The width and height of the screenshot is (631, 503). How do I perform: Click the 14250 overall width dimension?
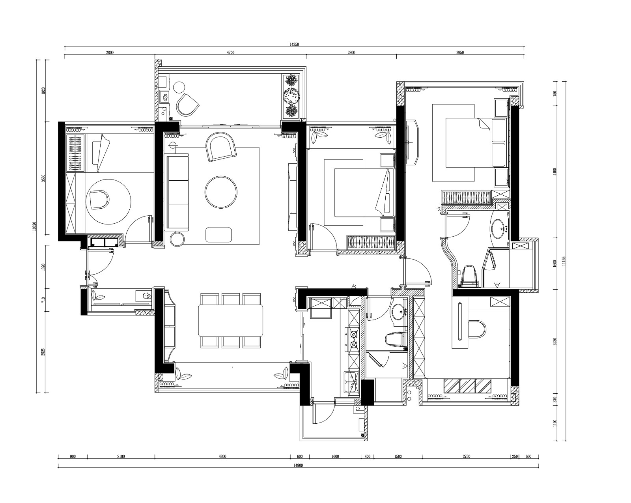click(294, 45)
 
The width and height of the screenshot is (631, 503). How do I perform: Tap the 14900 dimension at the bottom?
click(298, 466)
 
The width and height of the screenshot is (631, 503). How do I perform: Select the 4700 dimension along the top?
click(230, 53)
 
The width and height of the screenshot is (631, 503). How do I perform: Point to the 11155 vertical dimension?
click(564, 261)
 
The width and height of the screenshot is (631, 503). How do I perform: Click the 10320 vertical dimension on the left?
click(34, 226)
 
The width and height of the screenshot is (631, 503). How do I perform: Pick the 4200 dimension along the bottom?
click(222, 457)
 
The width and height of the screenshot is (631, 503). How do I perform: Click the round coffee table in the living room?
click(221, 192)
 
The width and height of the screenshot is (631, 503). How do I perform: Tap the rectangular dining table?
click(230, 320)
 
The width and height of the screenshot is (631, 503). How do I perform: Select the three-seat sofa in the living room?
click(177, 193)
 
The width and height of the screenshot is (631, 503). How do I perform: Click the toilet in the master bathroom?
click(469, 277)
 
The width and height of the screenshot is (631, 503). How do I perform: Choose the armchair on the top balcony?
click(187, 105)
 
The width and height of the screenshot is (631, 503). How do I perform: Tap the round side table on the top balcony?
click(179, 87)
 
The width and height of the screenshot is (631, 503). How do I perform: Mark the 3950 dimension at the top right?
click(460, 53)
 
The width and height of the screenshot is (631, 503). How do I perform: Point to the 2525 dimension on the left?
click(43, 352)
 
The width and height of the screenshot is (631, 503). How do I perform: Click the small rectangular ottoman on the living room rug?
click(218, 235)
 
